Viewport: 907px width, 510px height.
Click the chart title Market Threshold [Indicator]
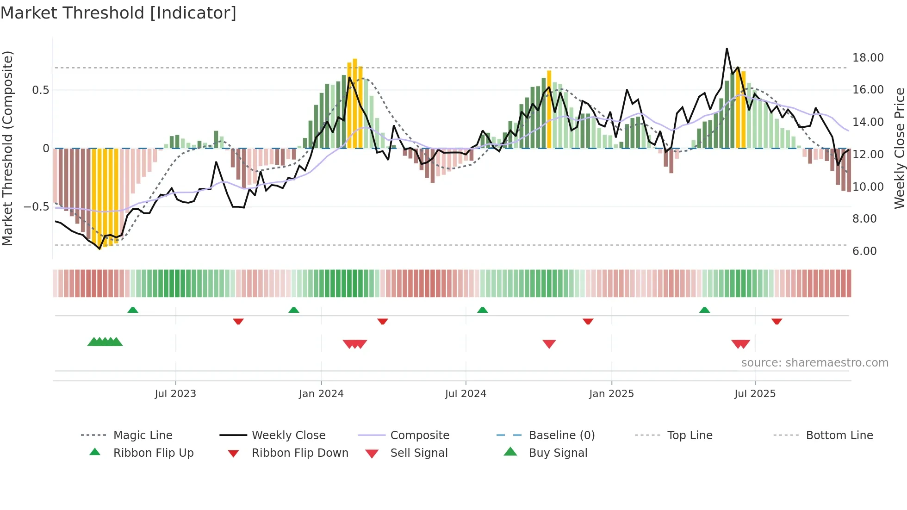118,13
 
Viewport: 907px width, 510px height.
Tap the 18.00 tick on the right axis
868,58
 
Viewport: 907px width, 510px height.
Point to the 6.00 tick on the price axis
864,251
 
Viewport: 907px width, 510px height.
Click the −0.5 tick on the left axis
36,207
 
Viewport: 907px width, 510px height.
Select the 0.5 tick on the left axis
40,90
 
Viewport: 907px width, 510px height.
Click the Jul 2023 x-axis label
175,394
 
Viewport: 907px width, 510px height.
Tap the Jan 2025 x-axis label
611,394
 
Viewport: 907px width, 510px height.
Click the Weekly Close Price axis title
899,148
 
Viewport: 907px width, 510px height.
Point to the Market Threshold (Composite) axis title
7,148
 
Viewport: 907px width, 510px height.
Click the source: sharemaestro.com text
814,363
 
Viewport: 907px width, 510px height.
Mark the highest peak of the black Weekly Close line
727,49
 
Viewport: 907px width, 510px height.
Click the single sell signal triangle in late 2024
549,344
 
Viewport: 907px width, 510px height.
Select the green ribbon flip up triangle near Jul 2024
483,310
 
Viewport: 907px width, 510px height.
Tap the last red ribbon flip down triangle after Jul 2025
777,321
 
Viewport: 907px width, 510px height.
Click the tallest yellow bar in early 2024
355,60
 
